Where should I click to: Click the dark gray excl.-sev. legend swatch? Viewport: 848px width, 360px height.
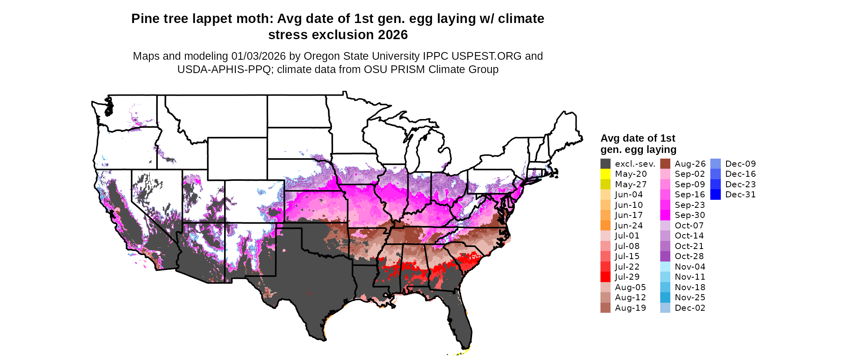click(x=605, y=164)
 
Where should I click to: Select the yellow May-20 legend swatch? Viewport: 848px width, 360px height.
click(x=605, y=174)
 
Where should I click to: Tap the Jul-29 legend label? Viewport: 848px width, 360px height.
click(x=627, y=277)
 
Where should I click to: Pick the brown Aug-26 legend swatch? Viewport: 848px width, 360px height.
click(x=665, y=164)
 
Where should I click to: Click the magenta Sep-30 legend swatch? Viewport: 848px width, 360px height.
click(x=665, y=215)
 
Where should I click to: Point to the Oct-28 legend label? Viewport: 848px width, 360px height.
click(x=689, y=256)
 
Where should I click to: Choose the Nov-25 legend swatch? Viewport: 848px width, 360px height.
click(x=665, y=297)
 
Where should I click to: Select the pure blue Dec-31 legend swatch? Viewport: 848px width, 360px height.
click(x=715, y=195)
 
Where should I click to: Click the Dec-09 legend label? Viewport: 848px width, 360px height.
click(x=740, y=164)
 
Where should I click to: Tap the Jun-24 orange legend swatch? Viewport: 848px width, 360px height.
click(x=605, y=226)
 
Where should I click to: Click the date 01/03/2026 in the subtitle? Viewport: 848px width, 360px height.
click(x=258, y=56)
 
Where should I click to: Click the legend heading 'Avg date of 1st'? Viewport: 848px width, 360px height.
click(x=638, y=138)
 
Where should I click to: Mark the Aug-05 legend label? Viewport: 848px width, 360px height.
click(x=630, y=287)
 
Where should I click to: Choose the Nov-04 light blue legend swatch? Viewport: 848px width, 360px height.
click(x=665, y=267)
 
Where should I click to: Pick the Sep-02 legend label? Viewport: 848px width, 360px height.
click(x=690, y=174)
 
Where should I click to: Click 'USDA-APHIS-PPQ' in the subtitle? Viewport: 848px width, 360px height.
click(x=224, y=69)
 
